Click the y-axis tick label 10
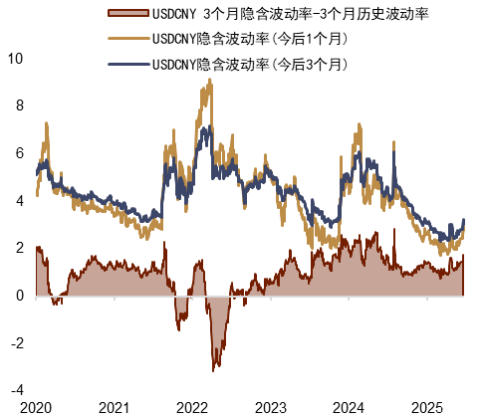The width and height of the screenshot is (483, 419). tap(15, 58)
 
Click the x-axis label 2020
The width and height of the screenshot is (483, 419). tap(35, 408)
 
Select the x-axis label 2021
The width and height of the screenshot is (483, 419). tap(114, 408)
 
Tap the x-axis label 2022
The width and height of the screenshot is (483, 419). tap(191, 408)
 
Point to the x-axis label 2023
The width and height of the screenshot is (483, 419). tap(270, 408)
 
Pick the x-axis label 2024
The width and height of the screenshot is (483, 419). tap(348, 408)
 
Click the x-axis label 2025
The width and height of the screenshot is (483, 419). tap(426, 408)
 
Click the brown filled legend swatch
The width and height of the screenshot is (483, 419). tap(128, 14)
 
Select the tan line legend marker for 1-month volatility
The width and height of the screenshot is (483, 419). tap(128, 39)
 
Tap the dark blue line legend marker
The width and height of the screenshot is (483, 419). tap(128, 64)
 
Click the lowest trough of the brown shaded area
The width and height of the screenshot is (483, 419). tap(213, 371)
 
